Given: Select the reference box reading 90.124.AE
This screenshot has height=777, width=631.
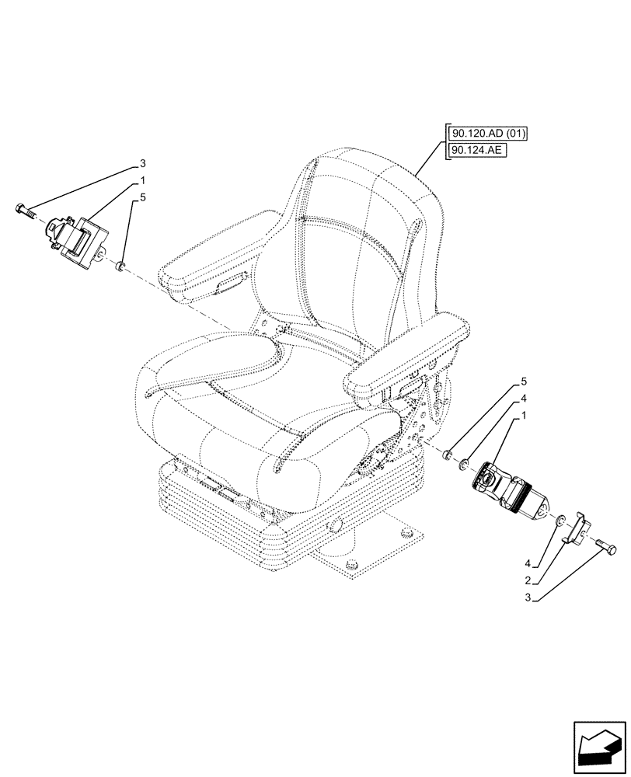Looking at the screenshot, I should coord(477,151).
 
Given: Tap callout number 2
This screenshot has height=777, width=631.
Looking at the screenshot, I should coord(528,580).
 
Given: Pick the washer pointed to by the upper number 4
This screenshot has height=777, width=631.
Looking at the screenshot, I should coord(464,464).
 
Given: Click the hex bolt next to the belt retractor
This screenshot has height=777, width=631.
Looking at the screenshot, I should coord(24,209).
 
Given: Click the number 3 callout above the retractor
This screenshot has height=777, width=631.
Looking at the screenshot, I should coord(142,163).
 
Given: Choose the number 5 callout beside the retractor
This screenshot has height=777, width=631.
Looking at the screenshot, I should coord(142,197).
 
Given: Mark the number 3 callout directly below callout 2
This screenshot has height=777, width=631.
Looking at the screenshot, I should coord(528,598).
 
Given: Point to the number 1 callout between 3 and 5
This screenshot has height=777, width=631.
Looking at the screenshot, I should coord(142,180).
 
